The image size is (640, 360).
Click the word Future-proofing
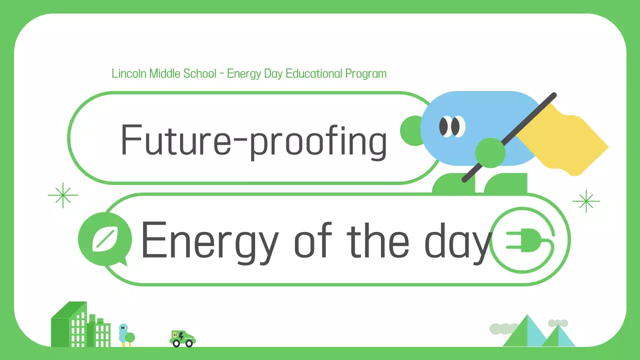253,139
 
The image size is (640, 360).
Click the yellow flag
565,140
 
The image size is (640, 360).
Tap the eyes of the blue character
451,126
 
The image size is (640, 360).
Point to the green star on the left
63,195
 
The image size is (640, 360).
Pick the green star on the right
585,201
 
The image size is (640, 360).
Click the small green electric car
182,338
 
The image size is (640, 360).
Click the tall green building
69,325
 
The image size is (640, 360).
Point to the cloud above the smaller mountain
558,323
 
